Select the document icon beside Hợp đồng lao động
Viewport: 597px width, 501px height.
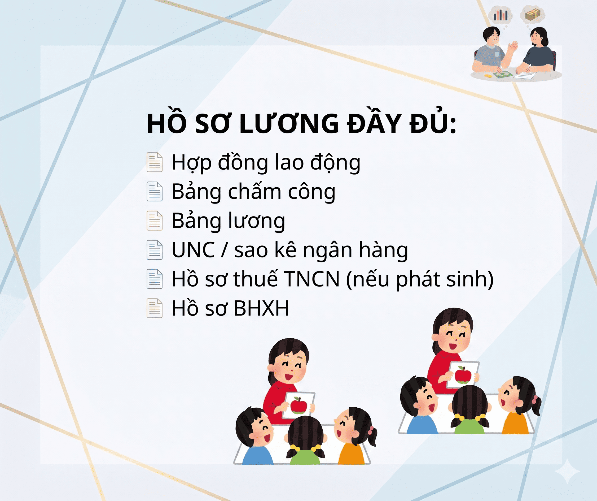point(155,162)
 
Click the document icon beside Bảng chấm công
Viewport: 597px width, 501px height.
point(155,192)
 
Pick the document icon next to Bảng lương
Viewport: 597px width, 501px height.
point(155,221)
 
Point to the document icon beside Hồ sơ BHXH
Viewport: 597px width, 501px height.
point(155,308)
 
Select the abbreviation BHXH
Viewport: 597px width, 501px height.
point(261,308)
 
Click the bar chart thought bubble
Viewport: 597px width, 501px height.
point(501,15)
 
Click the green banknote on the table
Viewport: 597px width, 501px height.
point(503,75)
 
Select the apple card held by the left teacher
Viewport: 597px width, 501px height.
point(299,405)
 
